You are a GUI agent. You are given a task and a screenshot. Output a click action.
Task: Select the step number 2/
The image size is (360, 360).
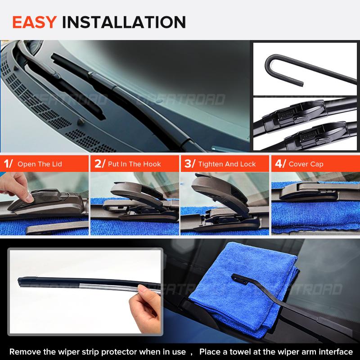[x=99, y=164]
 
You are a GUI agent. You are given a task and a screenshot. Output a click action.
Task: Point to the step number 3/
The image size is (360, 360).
[x=189, y=164]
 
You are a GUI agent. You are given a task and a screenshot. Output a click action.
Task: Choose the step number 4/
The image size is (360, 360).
[x=279, y=164]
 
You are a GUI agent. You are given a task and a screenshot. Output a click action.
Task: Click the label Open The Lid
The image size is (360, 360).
[x=40, y=164]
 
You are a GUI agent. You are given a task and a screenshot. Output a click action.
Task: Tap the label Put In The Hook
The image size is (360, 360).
[x=134, y=164]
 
